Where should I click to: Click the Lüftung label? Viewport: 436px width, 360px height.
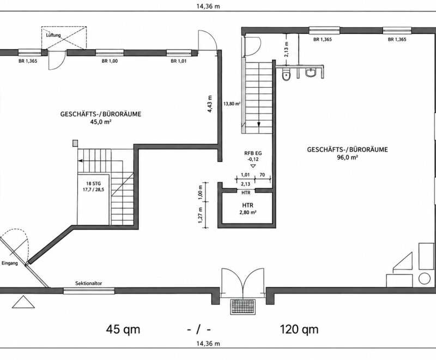click(53, 35)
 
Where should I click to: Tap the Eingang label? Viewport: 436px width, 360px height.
click(10, 263)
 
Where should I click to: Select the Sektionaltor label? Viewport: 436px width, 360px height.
click(89, 284)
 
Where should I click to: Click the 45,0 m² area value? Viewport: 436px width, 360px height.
click(101, 121)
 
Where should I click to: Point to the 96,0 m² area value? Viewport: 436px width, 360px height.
click(347, 157)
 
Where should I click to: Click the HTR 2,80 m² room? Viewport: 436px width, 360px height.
click(247, 209)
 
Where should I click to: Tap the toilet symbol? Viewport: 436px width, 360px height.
click(286, 75)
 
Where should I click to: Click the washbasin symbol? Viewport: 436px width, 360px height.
click(310, 73)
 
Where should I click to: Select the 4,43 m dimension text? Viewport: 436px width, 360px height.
click(210, 104)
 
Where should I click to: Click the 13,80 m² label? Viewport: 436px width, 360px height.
click(232, 104)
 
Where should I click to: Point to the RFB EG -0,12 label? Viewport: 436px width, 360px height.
click(253, 156)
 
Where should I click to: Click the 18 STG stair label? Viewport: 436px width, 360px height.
click(93, 187)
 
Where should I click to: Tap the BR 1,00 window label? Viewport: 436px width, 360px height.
click(110, 61)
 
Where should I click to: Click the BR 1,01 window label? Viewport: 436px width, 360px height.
click(179, 61)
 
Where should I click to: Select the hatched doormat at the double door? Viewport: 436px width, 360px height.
click(243, 307)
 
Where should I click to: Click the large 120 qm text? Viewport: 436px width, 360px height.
click(299, 329)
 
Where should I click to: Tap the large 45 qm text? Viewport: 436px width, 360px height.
click(123, 329)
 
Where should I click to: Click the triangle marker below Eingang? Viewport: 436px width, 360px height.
click(23, 302)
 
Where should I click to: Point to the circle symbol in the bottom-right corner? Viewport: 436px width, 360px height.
click(425, 279)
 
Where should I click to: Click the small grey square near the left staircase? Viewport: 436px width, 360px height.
click(75, 143)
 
